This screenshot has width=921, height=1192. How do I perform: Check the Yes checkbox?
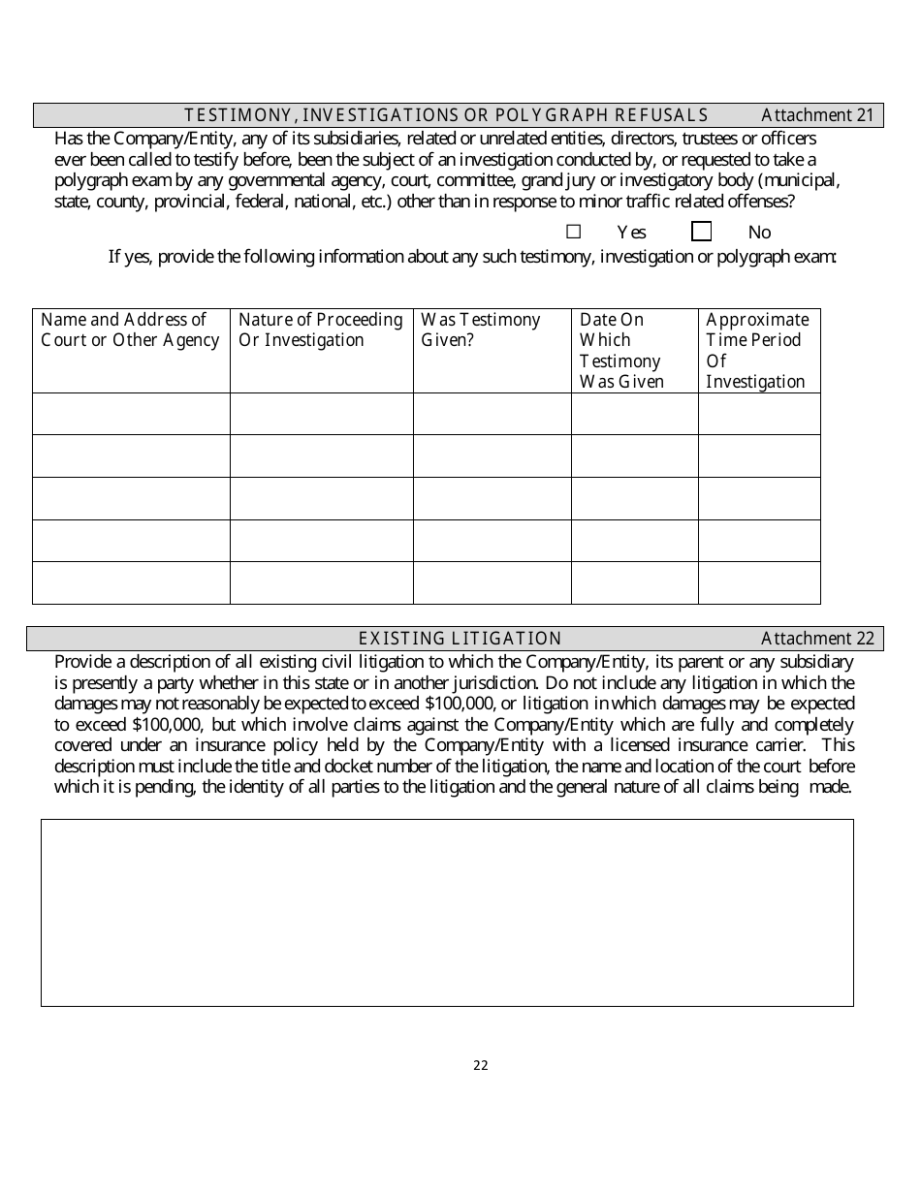(x=573, y=232)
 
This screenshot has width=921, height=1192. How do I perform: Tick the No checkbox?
(x=701, y=232)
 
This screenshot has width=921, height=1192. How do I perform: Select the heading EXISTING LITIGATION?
(x=460, y=638)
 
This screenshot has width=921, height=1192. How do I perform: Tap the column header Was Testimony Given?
(x=481, y=329)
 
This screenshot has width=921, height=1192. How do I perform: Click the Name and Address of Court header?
(x=130, y=329)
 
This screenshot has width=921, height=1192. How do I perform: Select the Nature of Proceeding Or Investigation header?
(x=320, y=329)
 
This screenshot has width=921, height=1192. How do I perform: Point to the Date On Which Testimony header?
(x=621, y=350)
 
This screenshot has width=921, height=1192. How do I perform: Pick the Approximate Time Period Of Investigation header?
(x=757, y=350)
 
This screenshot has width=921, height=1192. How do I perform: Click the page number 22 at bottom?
(x=481, y=1066)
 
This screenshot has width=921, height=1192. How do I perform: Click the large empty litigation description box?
(x=447, y=912)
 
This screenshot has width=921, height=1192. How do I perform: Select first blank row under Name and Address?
(x=131, y=414)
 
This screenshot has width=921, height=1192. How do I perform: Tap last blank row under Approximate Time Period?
(x=759, y=582)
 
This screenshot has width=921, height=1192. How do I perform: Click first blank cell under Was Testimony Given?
(x=492, y=414)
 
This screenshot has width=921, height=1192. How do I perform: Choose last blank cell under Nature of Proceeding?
(x=321, y=582)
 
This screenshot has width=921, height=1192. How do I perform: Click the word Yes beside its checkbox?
(x=631, y=233)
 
